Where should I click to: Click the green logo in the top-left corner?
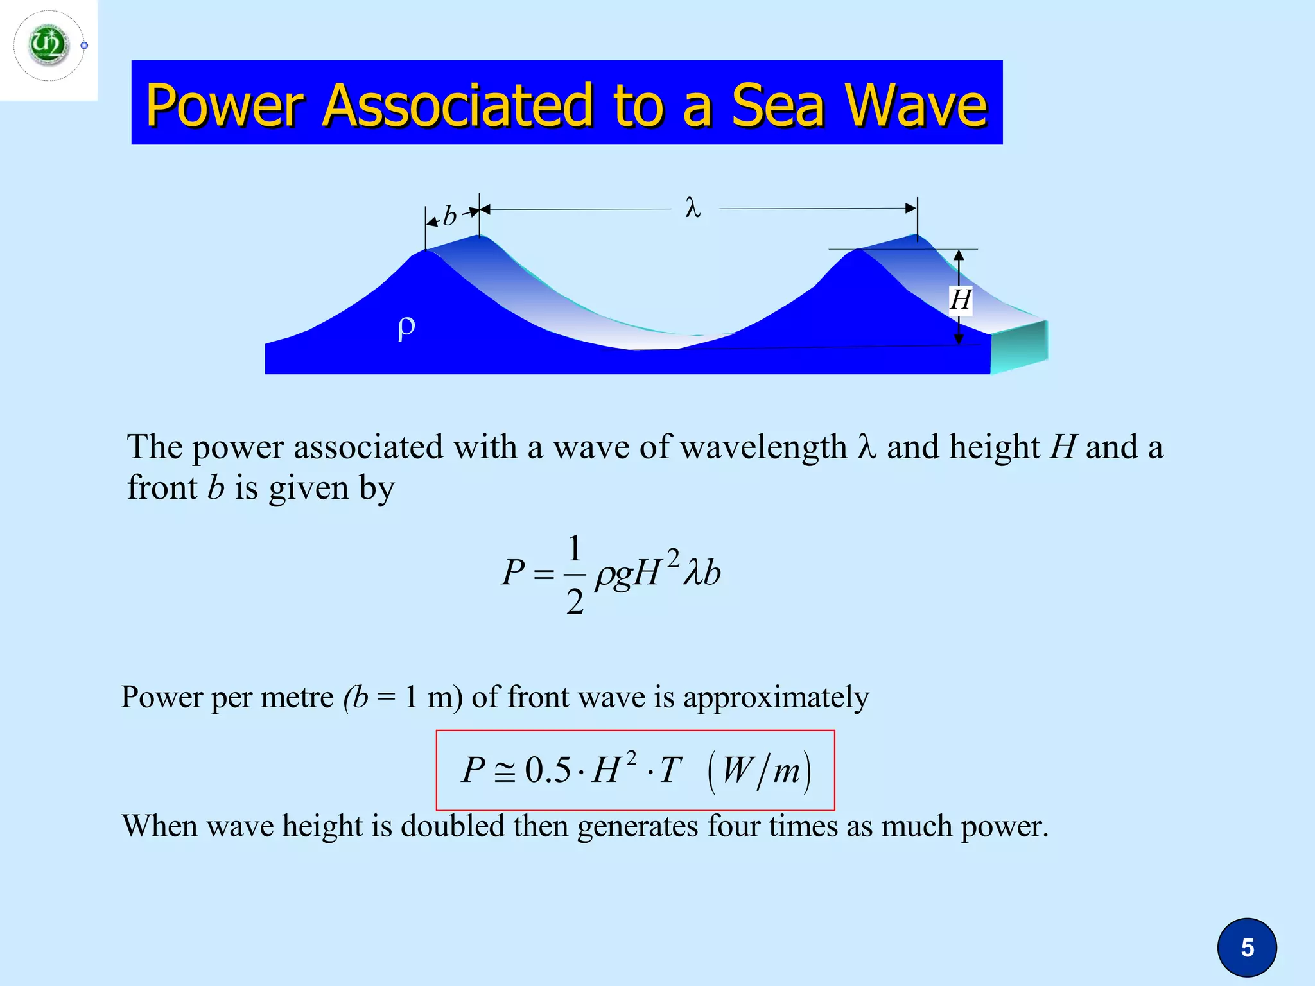pos(49,45)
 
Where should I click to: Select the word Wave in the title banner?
pos(916,105)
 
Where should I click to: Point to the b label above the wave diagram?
pos(449,217)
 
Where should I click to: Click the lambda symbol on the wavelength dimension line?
pos(693,208)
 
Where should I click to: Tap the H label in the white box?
pos(961,300)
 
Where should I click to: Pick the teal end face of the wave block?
pos(1019,347)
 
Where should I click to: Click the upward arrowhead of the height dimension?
pos(959,256)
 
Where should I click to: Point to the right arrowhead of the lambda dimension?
pos(910,208)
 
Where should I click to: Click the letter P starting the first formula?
pos(513,572)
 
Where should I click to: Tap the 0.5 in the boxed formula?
pos(547,770)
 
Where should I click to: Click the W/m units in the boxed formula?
pos(760,770)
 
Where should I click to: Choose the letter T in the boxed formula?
pos(670,770)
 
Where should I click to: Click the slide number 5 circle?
pos(1247,947)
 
